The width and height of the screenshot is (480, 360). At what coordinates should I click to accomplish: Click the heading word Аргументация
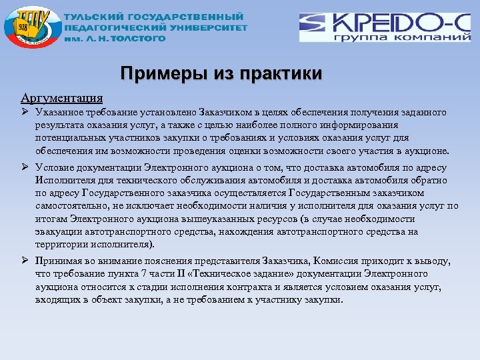click(61, 99)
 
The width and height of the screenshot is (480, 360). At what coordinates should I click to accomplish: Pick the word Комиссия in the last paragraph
click(350, 262)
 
